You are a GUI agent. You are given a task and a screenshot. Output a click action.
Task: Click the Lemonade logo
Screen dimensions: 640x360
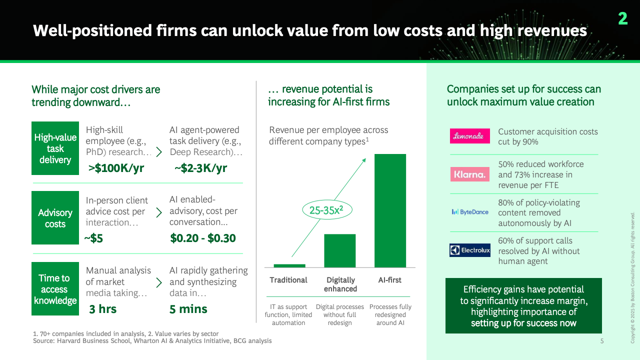469,136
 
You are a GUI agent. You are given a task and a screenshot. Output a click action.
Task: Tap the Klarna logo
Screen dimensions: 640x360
469,174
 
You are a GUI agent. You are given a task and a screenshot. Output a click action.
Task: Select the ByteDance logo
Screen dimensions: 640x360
470,212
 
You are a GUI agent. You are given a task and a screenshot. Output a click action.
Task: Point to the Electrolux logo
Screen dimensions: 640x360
469,250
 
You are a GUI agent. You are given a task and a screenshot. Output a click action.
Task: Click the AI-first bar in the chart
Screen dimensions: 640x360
390,210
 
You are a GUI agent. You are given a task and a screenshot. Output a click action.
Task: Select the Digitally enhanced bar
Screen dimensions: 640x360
339,250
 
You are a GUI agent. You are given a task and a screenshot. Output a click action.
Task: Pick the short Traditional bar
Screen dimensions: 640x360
289,265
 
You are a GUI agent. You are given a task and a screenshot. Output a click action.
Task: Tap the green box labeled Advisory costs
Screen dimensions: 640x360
55,217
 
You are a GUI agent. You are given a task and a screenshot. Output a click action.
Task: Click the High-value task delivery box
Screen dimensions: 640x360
55,148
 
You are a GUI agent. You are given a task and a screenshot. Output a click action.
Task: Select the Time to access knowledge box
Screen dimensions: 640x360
55,288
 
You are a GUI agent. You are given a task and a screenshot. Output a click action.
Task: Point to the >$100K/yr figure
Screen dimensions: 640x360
116,168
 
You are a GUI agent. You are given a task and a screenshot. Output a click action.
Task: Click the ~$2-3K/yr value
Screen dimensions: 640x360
200,168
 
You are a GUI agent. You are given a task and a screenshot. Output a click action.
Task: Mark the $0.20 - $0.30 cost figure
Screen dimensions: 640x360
203,238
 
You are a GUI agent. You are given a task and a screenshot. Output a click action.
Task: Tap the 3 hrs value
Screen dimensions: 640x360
103,309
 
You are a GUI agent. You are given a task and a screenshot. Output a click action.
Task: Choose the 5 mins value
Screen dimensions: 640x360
188,309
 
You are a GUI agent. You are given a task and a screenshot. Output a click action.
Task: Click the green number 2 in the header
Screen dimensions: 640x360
623,19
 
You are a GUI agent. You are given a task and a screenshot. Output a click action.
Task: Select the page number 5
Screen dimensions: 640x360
602,341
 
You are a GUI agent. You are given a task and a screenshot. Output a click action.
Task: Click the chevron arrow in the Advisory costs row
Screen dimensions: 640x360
159,212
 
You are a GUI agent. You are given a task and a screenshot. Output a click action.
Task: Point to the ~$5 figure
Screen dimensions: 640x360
93,238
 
